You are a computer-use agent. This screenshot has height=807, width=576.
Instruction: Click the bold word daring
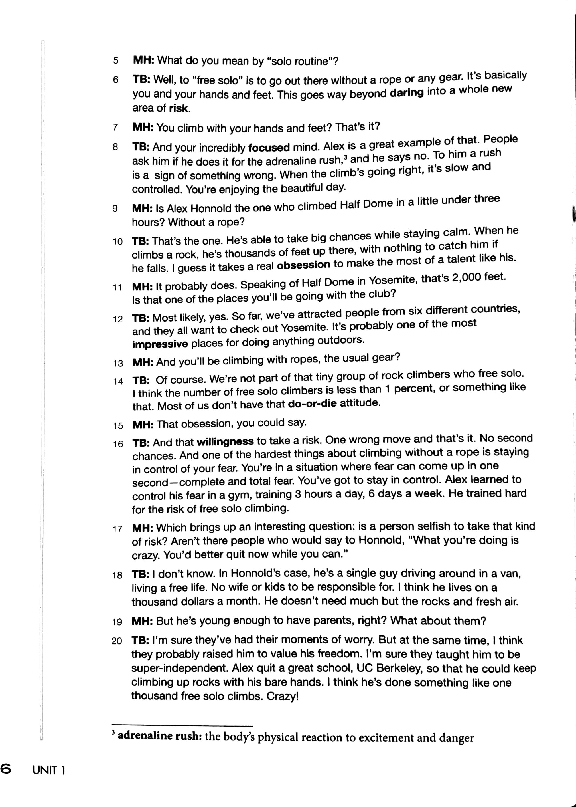point(406,93)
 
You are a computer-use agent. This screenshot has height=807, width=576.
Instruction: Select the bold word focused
point(269,147)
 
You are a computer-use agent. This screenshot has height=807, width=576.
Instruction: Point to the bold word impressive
point(160,344)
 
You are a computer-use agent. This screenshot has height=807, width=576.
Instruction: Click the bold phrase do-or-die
point(312,404)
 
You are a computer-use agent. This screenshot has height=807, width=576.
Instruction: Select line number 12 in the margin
point(118,319)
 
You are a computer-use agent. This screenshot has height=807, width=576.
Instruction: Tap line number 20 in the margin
point(117,641)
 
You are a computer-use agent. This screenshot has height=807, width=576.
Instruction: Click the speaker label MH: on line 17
point(142,528)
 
